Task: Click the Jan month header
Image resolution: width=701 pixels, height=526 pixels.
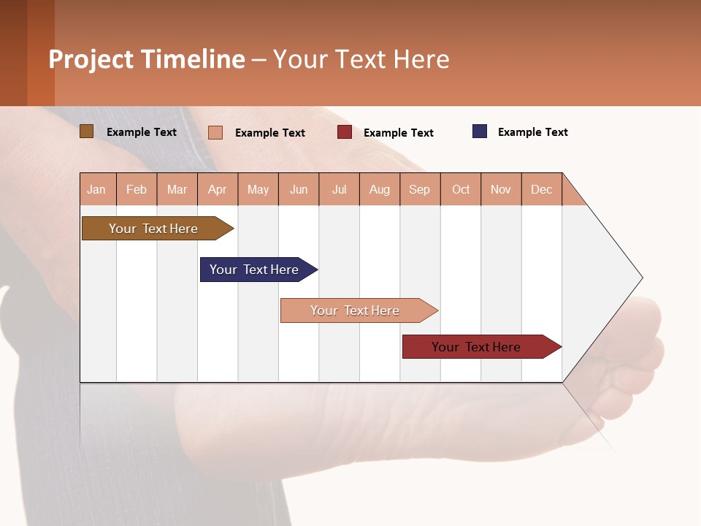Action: click(x=97, y=189)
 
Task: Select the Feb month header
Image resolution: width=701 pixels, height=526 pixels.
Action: click(x=137, y=189)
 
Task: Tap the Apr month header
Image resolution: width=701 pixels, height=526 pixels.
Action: click(x=217, y=189)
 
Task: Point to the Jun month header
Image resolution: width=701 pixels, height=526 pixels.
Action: click(x=299, y=189)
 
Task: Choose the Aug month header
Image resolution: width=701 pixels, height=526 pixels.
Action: click(x=379, y=189)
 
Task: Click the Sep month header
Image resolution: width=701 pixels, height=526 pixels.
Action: click(x=419, y=189)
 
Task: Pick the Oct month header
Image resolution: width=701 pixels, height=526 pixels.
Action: click(x=461, y=189)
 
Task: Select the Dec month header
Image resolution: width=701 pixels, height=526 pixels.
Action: click(x=541, y=189)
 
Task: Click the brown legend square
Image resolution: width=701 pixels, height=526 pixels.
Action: click(x=87, y=131)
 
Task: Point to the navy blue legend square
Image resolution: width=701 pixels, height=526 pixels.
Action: click(x=480, y=131)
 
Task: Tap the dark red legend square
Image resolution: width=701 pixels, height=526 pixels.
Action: click(x=345, y=132)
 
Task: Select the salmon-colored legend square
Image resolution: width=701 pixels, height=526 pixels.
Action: click(x=215, y=132)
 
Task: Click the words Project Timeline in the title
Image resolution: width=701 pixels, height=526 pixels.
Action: click(x=146, y=59)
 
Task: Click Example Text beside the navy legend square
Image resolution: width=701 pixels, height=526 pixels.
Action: click(x=532, y=132)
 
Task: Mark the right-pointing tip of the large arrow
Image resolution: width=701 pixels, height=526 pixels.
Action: click(x=641, y=278)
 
